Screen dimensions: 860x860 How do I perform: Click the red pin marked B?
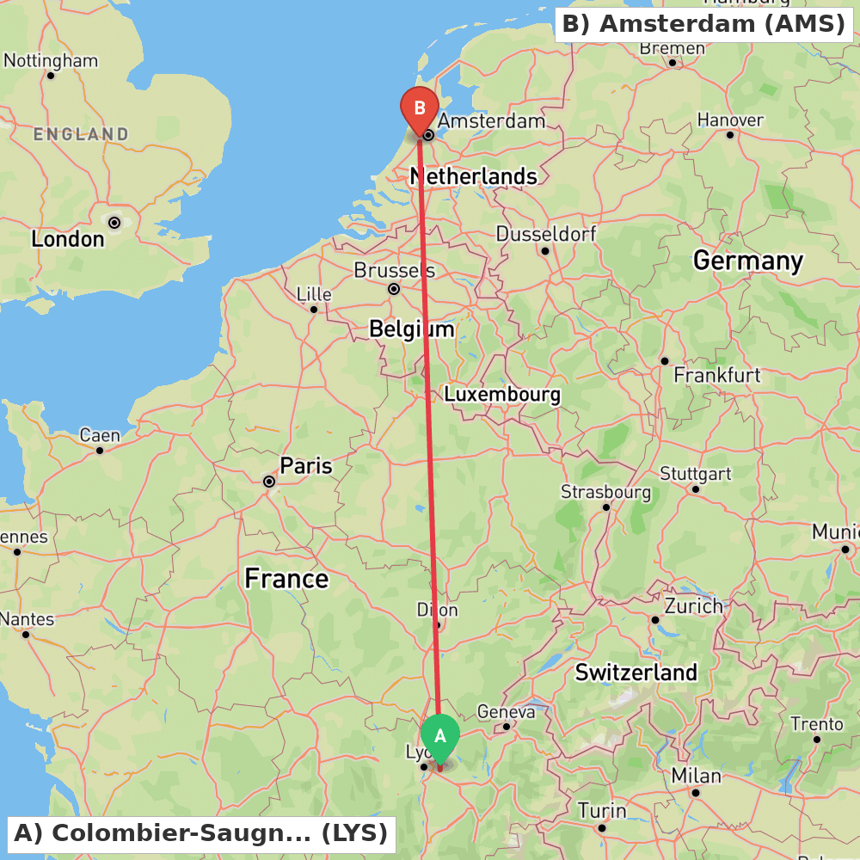420,109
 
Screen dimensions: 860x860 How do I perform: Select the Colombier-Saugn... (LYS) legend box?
201,833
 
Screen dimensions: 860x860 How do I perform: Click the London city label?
67,239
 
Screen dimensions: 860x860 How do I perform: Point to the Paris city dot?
269,482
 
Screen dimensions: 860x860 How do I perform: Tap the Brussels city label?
394,270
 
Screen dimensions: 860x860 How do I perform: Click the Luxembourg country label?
502,395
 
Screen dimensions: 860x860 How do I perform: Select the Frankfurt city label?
717,375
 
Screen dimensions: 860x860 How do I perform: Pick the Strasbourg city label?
605,492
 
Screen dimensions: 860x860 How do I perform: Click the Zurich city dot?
655,619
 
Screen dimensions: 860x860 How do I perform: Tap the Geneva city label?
506,711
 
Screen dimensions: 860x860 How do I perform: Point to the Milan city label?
697,776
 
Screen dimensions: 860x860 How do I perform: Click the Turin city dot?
602,828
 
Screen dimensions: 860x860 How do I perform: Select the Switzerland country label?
636,673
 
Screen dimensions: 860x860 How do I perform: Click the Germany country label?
748,261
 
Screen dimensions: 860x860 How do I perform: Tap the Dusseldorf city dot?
545,251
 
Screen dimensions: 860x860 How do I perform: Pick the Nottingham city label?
51,61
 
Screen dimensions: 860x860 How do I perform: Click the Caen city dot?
100,450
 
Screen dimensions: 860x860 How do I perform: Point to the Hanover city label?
730,120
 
